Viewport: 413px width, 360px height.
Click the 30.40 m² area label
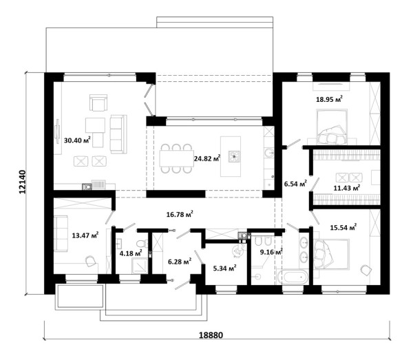coord(77,140)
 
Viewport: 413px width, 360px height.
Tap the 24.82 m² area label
coord(207,158)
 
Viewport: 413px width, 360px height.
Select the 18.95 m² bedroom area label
coord(329,99)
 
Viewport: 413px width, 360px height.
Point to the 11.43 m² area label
coord(347,188)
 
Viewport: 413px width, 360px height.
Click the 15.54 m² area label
coord(343,227)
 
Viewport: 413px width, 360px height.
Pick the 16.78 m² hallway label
coord(180,214)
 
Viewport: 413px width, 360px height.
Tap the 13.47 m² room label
coord(85,235)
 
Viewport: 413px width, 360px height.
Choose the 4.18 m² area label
coord(131,253)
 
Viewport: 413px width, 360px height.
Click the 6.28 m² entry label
coord(180,262)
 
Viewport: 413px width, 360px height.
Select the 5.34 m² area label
coord(224,268)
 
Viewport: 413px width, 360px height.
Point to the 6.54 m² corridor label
coord(295,184)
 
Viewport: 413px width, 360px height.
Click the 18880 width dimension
coord(211,335)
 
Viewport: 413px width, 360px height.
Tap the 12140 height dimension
coord(23,182)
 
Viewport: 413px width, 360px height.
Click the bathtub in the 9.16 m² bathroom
coord(293,277)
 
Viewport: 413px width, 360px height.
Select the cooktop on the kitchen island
coord(234,156)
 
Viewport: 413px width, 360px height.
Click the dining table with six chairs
coord(176,158)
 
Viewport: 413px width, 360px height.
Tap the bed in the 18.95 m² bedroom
coord(331,127)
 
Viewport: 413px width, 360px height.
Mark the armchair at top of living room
coord(98,103)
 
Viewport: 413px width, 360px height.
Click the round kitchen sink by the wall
coord(268,153)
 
